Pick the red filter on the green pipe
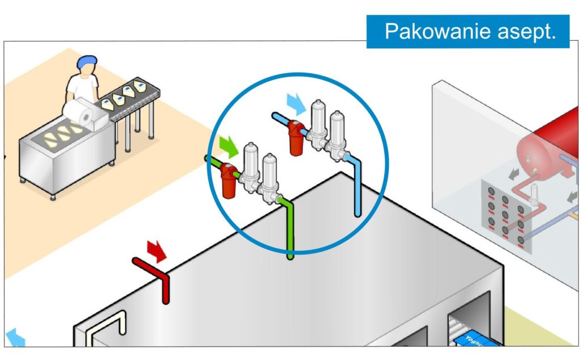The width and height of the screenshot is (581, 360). pyautogui.click(x=229, y=181)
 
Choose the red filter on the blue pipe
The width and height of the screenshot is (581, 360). pyautogui.click(x=296, y=137)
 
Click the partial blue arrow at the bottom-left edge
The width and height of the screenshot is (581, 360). pyautogui.click(x=14, y=338)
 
